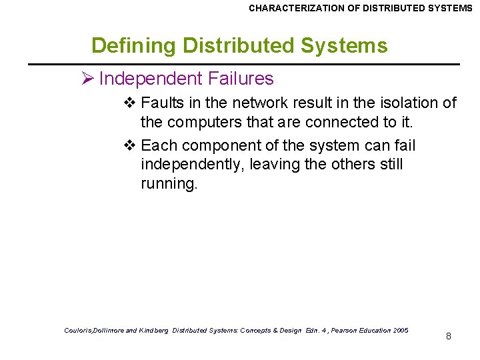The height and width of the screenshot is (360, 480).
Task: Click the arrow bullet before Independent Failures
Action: click(87, 79)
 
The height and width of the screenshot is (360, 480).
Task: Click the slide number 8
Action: click(449, 336)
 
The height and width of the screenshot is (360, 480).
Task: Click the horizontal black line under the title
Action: click(243, 64)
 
